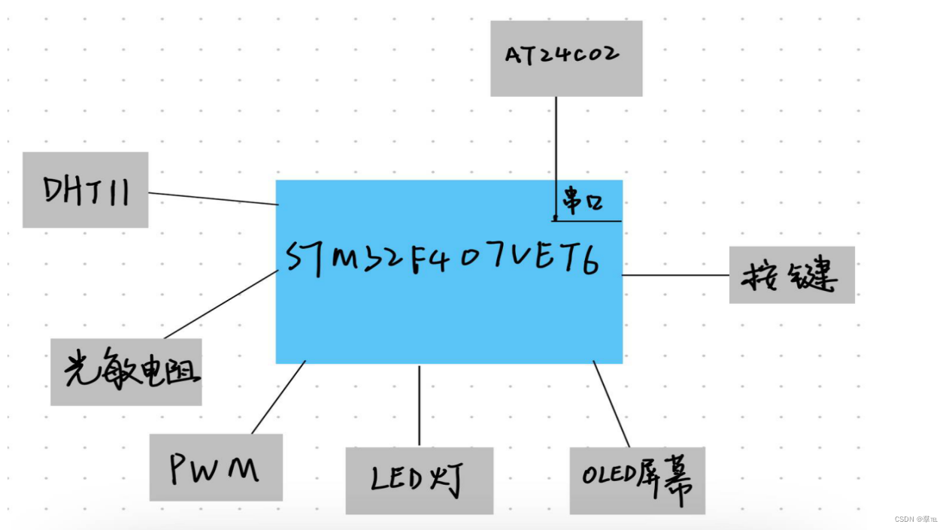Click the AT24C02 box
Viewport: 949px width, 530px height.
(x=565, y=58)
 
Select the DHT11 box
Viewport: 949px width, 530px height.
(x=85, y=189)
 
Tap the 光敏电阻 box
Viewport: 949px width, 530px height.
(x=126, y=371)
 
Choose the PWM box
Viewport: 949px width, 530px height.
(x=216, y=467)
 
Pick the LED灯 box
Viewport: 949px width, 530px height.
(x=419, y=480)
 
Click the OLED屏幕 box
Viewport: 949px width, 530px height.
(x=637, y=480)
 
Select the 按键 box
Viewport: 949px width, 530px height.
(x=791, y=275)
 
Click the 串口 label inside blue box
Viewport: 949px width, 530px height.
(x=583, y=202)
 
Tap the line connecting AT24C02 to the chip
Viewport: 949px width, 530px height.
(x=556, y=150)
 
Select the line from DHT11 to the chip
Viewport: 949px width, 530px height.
(x=213, y=198)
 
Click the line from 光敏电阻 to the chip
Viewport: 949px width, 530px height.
(x=221, y=304)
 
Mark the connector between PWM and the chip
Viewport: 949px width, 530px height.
(x=278, y=398)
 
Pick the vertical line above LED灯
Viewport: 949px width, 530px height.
(x=419, y=406)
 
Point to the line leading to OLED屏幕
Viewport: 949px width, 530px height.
(x=611, y=404)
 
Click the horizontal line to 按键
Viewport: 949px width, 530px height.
(x=675, y=275)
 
